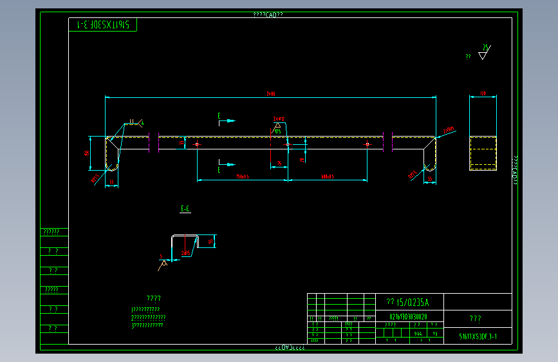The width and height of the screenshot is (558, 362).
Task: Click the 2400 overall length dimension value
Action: pyautogui.click(x=271, y=94)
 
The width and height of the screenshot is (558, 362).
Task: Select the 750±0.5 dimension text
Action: pyautogui.click(x=242, y=176)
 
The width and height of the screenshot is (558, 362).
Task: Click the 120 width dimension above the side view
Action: pyautogui.click(x=483, y=94)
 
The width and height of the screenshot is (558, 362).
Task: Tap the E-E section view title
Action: pyautogui.click(x=185, y=209)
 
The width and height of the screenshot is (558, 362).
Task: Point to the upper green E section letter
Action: pyautogui.click(x=219, y=116)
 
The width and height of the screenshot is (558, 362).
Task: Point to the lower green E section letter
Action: pyautogui.click(x=219, y=169)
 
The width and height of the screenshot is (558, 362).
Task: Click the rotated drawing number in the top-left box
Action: pyautogui.click(x=103, y=25)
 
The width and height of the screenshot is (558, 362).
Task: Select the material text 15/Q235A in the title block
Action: pyautogui.click(x=407, y=302)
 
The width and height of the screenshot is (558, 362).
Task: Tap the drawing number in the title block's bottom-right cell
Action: pyautogui.click(x=478, y=336)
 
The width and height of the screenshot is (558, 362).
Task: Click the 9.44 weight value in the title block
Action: pyautogui.click(x=419, y=334)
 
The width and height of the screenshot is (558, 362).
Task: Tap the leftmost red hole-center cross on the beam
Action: pyautogui.click(x=197, y=144)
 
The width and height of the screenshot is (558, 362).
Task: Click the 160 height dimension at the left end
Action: pyautogui.click(x=86, y=153)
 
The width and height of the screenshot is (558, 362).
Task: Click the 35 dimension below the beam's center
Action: pyautogui.click(x=279, y=162)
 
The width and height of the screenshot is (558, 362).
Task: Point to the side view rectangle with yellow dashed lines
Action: pyautogui.click(x=483, y=153)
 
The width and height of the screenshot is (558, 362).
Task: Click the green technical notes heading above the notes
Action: pyautogui.click(x=154, y=298)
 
